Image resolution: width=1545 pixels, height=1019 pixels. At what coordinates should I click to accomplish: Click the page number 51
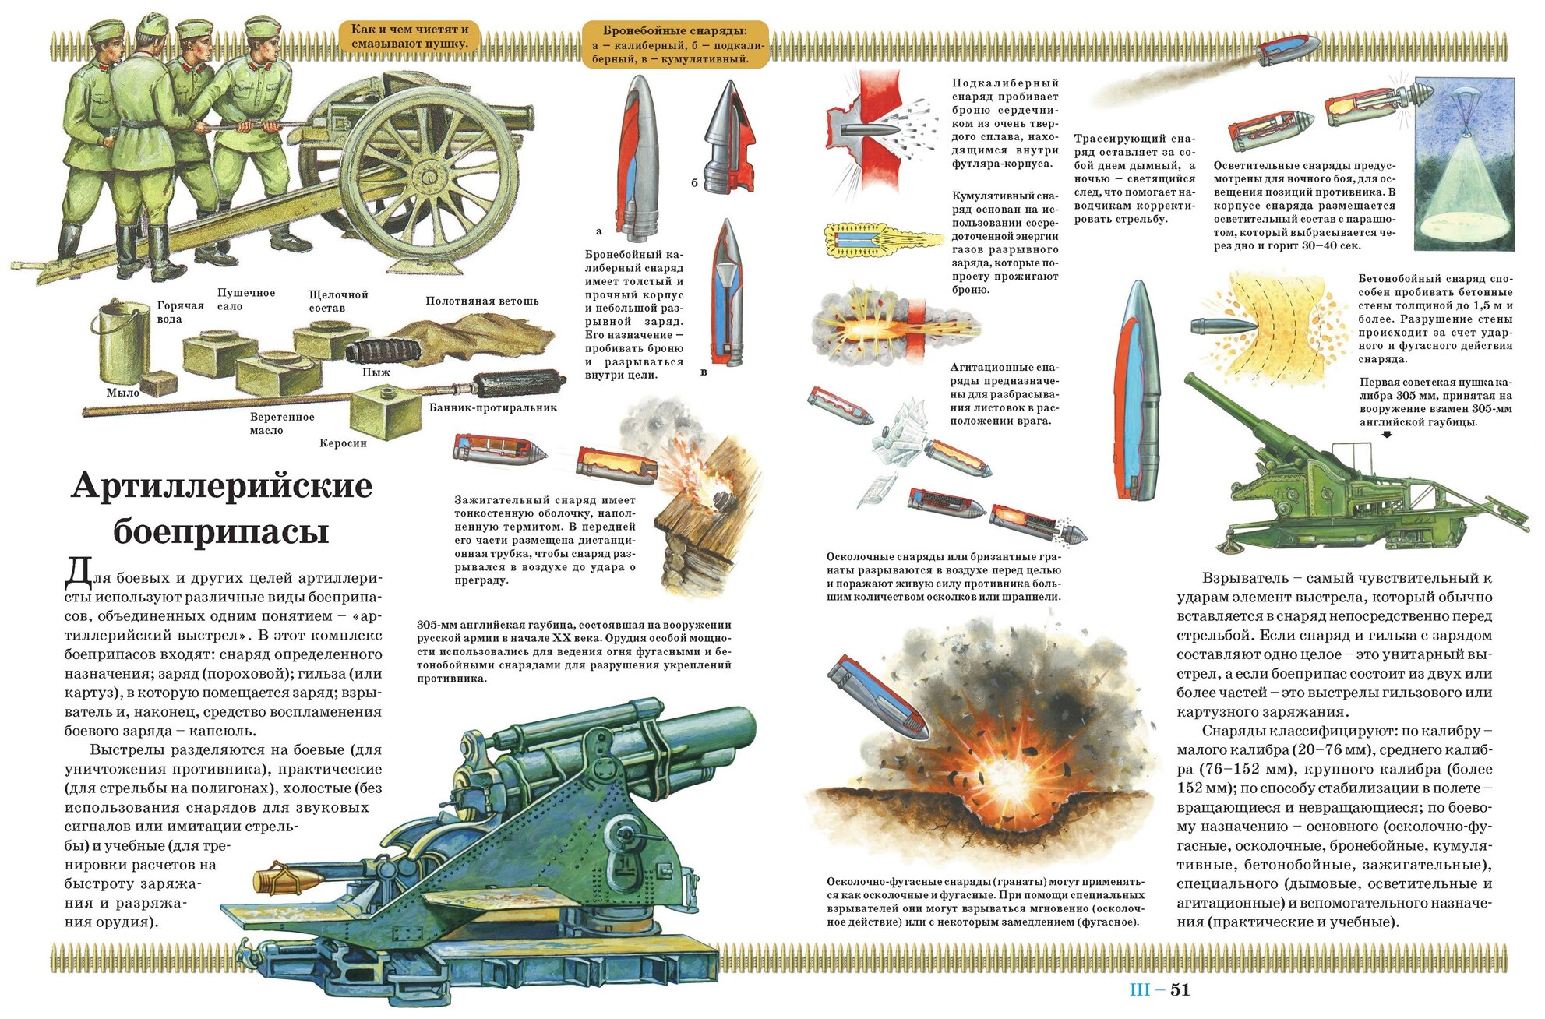tap(1180, 989)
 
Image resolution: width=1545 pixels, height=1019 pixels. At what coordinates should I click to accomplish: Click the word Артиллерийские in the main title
tap(222, 485)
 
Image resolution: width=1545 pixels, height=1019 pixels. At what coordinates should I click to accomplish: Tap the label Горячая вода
tap(180, 312)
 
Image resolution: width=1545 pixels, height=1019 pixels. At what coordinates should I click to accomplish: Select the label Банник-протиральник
tap(492, 407)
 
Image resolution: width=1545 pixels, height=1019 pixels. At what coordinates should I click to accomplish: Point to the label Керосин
tap(343, 443)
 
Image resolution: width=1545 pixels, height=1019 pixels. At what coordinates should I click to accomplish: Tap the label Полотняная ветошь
tap(481, 301)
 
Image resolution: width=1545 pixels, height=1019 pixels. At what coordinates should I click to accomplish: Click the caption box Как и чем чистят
tap(410, 36)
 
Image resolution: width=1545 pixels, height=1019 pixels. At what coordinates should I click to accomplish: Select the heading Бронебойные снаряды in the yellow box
tap(675, 31)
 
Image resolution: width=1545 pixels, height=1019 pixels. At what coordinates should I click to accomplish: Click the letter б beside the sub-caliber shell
tap(694, 183)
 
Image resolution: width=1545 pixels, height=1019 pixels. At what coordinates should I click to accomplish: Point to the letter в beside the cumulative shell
tap(704, 372)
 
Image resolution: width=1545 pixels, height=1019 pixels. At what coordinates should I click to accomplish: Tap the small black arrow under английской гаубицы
tap(1387, 435)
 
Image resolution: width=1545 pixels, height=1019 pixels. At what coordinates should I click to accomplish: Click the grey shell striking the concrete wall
tap(1222, 325)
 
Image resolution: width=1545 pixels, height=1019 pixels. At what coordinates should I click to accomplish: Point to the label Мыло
tap(123, 393)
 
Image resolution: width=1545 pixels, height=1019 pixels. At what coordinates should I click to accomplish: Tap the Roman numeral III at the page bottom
tap(1140, 989)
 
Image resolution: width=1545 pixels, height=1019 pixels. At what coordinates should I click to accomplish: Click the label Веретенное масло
tap(282, 423)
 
